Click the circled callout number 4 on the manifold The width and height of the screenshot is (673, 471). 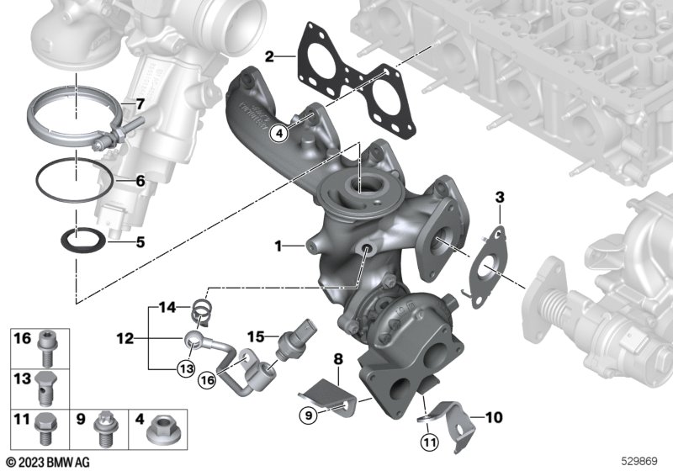279,134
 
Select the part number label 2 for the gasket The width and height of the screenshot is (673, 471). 269,56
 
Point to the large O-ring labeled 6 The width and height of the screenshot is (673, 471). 75,180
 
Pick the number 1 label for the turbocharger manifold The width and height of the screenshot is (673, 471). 278,246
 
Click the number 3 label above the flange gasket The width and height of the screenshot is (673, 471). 500,198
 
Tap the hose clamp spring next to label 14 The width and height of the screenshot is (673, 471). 199,312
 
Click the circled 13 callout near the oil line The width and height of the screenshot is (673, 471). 187,368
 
